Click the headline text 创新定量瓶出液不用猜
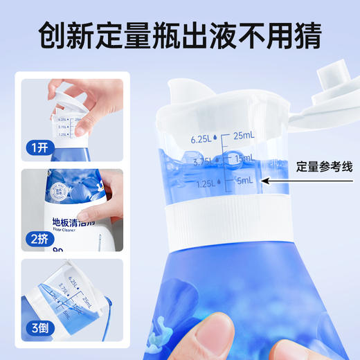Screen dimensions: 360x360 click(x=179, y=35)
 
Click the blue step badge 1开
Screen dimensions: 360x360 click(x=38, y=147)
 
